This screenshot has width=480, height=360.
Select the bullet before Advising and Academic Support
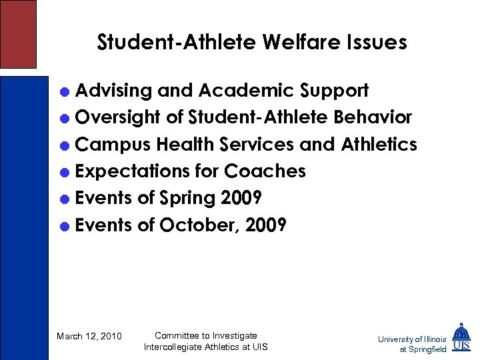click(65, 91)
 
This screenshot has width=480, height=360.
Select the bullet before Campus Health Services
click(65, 145)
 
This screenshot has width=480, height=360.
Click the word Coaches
click(265, 171)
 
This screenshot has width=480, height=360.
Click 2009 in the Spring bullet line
click(240, 199)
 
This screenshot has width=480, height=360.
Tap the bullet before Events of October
click(65, 226)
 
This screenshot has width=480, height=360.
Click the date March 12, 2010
click(89, 336)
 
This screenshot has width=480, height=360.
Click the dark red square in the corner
click(17, 33)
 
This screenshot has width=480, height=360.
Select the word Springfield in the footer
click(427, 349)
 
